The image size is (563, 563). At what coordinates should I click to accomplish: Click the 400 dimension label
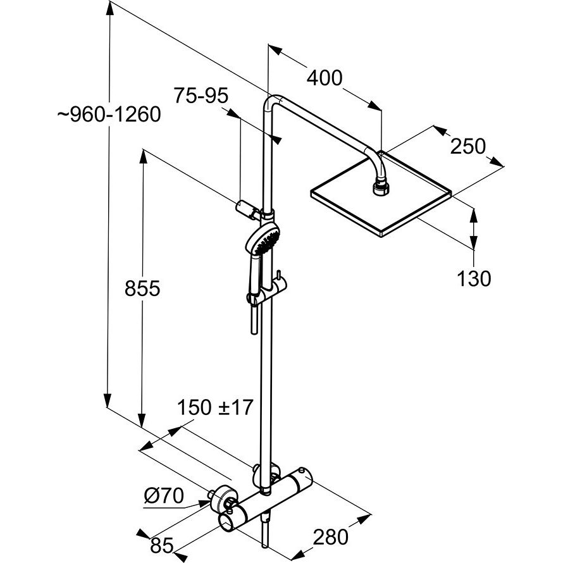[325, 78]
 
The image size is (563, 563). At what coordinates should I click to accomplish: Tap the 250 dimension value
[467, 147]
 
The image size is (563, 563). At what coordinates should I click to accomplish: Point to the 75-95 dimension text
[201, 96]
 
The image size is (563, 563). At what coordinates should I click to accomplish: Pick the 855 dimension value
[142, 289]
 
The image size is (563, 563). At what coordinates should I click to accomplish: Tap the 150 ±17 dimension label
[214, 408]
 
